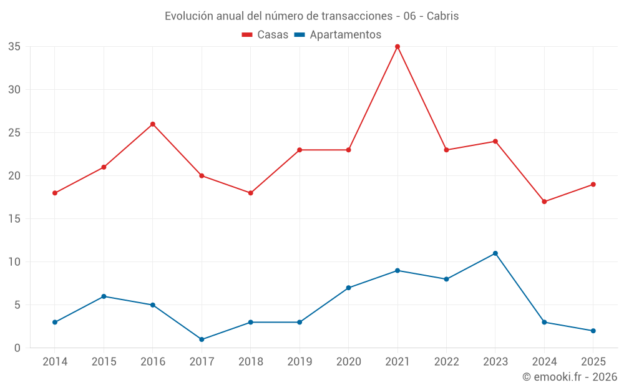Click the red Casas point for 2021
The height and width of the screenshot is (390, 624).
click(397, 47)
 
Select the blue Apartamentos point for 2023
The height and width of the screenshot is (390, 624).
click(495, 253)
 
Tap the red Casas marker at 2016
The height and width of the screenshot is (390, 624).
click(152, 124)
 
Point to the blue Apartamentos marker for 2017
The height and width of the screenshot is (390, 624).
click(202, 339)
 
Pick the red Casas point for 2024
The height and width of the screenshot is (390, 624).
click(544, 202)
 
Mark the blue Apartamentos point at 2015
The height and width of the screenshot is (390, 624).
click(104, 296)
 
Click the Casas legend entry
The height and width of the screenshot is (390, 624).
click(265, 34)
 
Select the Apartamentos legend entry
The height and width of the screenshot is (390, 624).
click(338, 34)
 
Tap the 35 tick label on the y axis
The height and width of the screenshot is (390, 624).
click(14, 47)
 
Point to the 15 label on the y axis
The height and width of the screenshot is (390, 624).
click(14, 219)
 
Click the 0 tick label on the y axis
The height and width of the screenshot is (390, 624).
click(17, 348)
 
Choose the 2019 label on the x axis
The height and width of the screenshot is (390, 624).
click(300, 361)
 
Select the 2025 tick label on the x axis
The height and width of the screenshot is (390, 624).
click(593, 361)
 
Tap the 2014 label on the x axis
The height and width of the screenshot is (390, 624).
click(55, 361)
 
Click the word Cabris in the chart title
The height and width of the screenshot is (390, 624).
click(442, 16)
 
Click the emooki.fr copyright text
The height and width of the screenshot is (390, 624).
click(570, 376)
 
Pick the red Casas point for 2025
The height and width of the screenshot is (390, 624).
click(593, 185)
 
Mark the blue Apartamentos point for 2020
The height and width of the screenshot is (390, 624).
click(348, 288)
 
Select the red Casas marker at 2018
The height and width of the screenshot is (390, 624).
click(250, 193)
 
